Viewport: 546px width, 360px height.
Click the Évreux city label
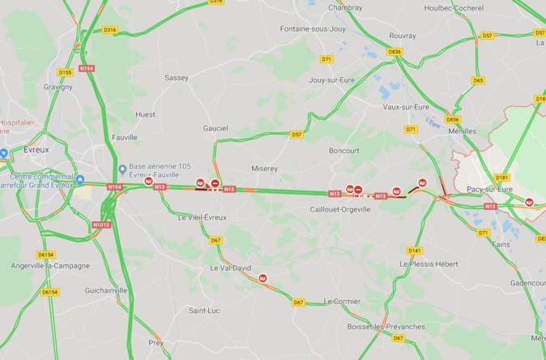(x=37, y=149)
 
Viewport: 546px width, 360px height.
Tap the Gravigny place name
(x=58, y=87)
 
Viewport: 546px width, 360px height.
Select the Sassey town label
(x=176, y=78)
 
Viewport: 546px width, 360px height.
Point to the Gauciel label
(x=215, y=128)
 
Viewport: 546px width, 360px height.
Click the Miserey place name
(x=265, y=169)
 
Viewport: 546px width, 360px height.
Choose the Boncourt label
(x=344, y=150)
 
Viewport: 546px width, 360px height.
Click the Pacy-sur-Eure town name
(x=489, y=189)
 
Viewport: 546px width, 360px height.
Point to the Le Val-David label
(x=230, y=268)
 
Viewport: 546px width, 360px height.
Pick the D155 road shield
(x=66, y=72)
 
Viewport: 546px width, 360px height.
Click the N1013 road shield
(x=101, y=225)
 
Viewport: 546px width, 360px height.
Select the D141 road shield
(x=416, y=251)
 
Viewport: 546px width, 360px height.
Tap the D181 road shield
(x=502, y=178)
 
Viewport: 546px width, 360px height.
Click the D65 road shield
(x=478, y=80)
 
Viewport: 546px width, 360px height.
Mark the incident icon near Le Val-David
(x=263, y=278)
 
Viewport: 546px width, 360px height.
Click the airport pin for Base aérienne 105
(x=122, y=169)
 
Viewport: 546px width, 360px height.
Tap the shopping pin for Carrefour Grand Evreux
(x=80, y=180)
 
